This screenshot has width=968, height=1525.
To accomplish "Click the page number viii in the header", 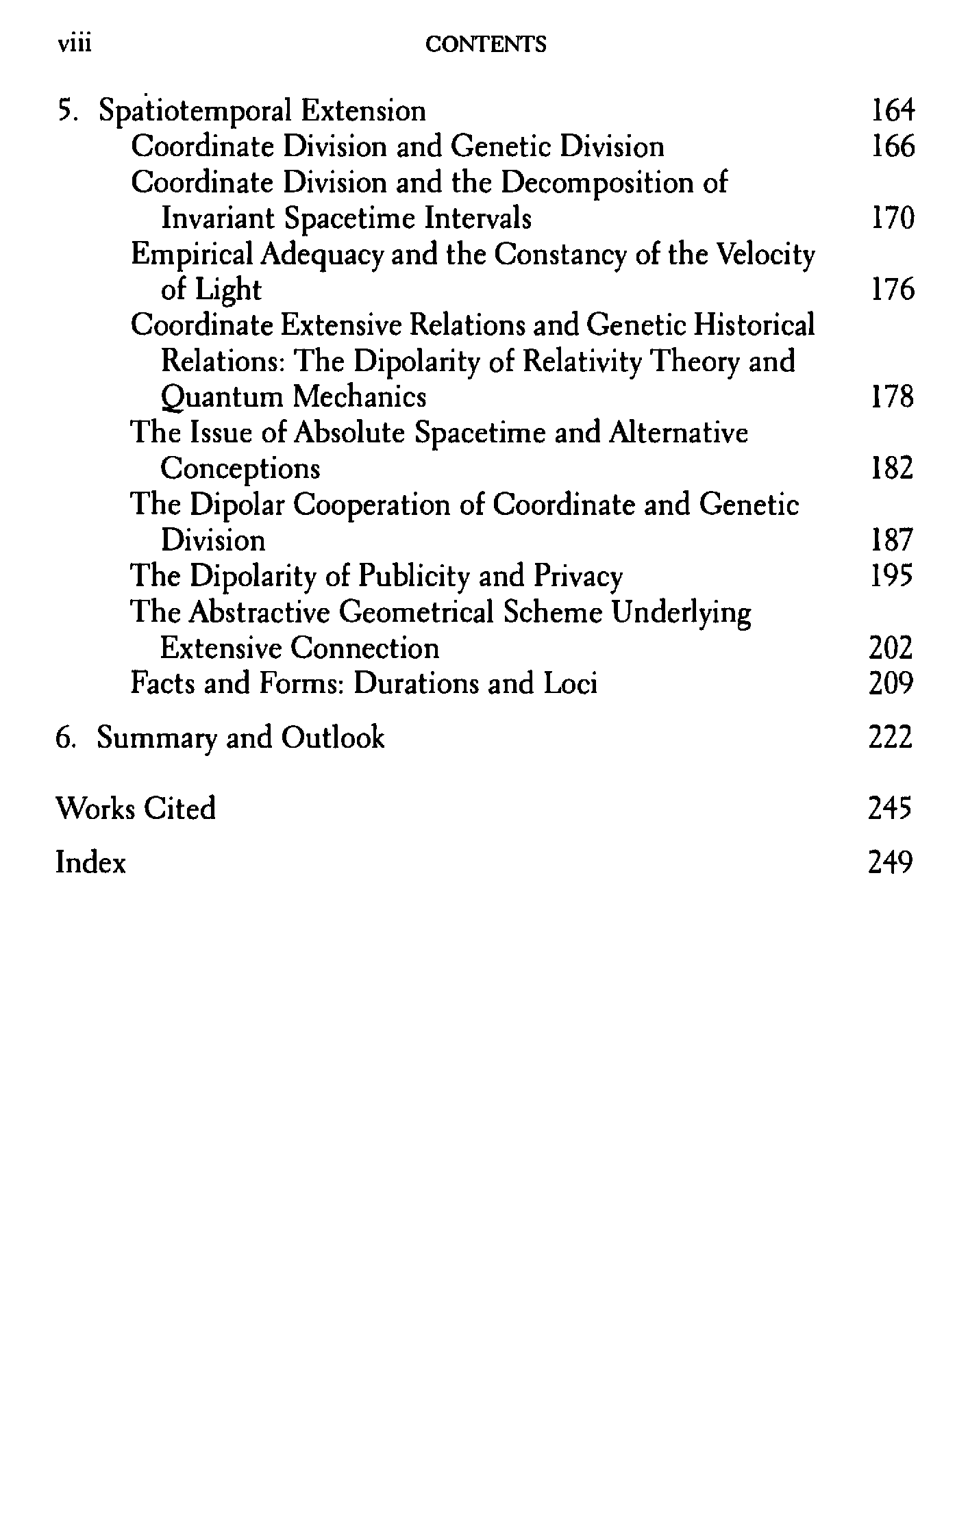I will pyautogui.click(x=75, y=44).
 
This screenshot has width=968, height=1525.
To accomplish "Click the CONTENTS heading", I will pyautogui.click(x=486, y=45).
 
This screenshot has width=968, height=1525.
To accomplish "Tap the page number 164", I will pyautogui.click(x=892, y=111).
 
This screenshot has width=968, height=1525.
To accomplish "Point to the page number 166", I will pyautogui.click(x=892, y=147).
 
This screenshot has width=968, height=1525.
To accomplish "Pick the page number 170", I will pyautogui.click(x=892, y=218).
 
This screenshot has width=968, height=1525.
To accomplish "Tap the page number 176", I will pyautogui.click(x=892, y=290).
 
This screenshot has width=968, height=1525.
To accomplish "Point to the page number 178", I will pyautogui.click(x=892, y=397).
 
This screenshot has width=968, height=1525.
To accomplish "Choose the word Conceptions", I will pyautogui.click(x=240, y=469).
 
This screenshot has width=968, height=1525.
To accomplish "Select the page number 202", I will pyautogui.click(x=891, y=648).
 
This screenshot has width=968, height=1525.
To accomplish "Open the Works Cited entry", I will pyautogui.click(x=135, y=809).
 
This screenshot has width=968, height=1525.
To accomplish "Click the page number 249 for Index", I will pyautogui.click(x=890, y=862).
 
